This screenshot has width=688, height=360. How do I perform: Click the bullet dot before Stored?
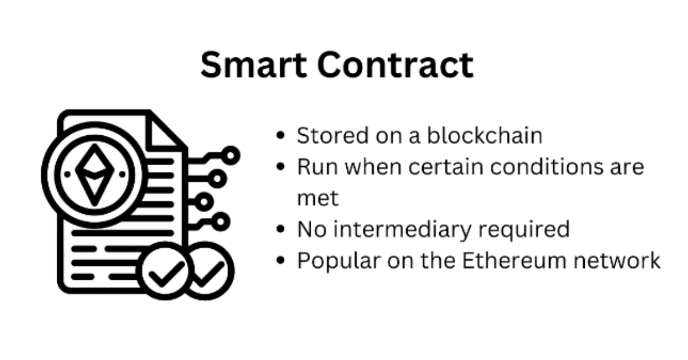(280, 136)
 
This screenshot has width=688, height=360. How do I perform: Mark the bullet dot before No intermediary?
(280, 230)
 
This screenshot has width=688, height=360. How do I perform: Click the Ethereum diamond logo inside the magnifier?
(92, 173)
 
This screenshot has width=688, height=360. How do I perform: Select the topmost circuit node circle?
(231, 155)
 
